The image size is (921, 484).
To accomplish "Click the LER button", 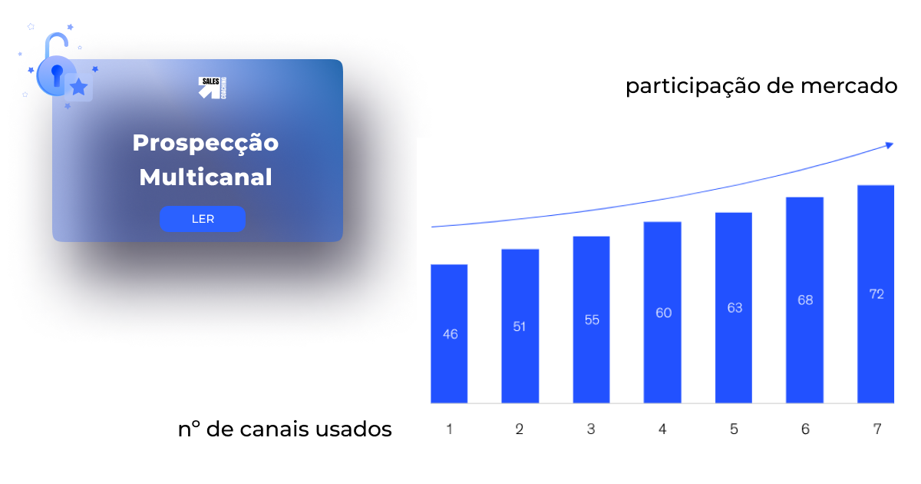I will pos(203,219).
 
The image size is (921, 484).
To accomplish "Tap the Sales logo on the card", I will pos(213,88).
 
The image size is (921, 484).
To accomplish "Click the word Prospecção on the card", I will pos(206,144).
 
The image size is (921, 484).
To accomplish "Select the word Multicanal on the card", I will pos(206,177).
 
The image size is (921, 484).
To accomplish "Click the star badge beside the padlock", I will pos(79,88).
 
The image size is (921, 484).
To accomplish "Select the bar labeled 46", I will pos(449,333).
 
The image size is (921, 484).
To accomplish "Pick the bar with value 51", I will pos(520,326).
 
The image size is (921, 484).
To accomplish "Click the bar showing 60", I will pos(662,312).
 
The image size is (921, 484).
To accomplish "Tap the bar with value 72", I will pos(876,293).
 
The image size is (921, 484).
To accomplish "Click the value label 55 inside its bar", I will pos(592,320).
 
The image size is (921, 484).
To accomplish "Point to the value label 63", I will pos(734,307).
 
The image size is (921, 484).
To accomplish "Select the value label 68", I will pos(805,300).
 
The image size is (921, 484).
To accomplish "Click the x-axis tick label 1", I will pos(449,429).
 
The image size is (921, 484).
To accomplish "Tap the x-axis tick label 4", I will pos(662,429).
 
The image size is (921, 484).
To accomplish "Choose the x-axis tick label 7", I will pos(876,429).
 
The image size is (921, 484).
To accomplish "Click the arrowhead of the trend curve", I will pos(890,144).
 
